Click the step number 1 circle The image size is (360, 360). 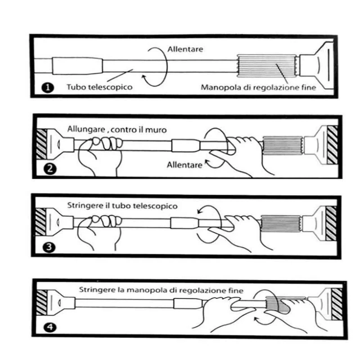[x=48, y=88]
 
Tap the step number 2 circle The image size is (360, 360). [x=50, y=169]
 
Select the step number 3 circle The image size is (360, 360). [x=49, y=247]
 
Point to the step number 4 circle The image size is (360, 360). [x=50, y=327]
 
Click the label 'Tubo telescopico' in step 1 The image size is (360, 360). [x=99, y=87]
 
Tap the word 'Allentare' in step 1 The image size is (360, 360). [x=185, y=49]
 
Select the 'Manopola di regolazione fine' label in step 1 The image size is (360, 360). [x=258, y=87]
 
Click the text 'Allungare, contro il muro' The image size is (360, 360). [x=117, y=130]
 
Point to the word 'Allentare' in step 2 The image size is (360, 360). [x=184, y=165]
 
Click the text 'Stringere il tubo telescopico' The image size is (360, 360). [x=122, y=206]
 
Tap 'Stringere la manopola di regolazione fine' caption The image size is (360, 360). [x=161, y=290]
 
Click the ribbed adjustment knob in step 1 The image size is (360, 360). [x=266, y=66]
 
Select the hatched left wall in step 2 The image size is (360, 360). [x=42, y=144]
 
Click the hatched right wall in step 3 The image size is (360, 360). [x=331, y=223]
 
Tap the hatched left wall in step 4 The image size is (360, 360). [x=42, y=302]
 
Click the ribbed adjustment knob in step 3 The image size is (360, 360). [x=281, y=224]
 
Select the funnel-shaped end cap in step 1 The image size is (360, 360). [x=316, y=65]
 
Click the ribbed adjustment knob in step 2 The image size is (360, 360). [x=283, y=146]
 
